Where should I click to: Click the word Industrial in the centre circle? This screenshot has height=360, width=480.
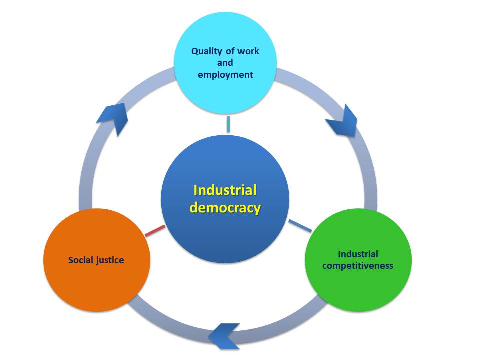point(225,190)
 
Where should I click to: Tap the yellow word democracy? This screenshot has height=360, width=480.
point(225,207)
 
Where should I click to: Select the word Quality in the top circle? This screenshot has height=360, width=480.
point(207,51)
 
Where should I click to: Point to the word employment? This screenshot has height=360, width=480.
point(225,75)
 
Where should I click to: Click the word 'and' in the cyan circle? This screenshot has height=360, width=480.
point(225,63)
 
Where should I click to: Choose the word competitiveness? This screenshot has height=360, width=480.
point(357,265)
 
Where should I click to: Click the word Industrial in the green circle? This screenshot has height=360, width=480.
point(357,254)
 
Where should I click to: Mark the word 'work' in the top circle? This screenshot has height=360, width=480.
point(249,51)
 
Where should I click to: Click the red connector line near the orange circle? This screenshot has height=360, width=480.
point(154,231)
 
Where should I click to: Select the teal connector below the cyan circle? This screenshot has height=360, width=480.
point(228,124)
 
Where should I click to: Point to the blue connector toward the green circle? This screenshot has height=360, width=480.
point(300,226)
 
